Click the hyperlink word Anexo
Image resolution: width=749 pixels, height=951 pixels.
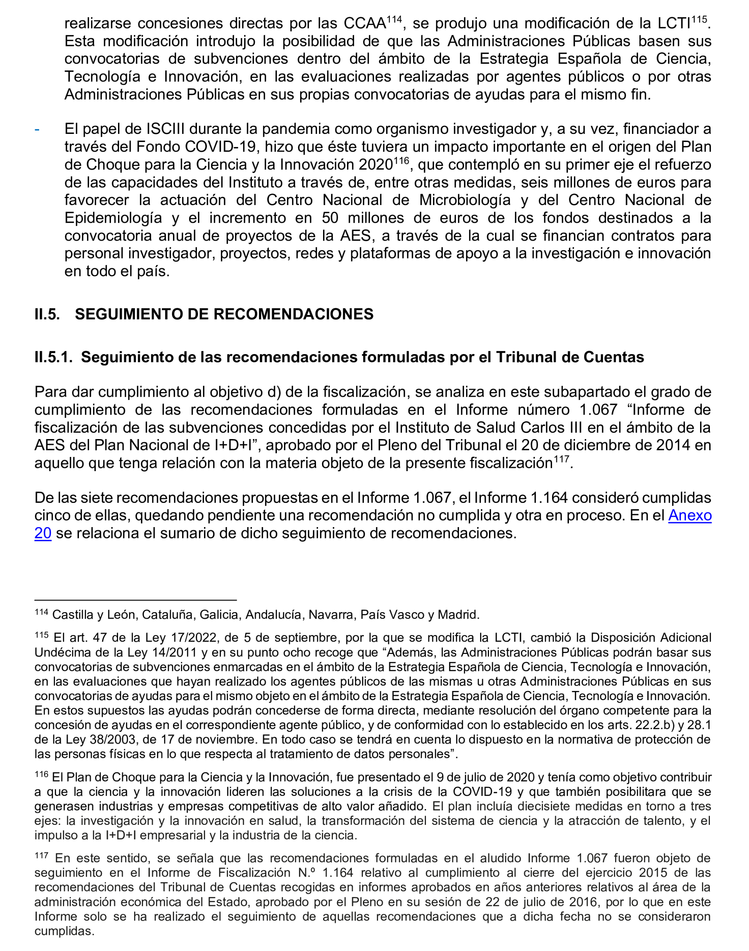(x=689, y=515)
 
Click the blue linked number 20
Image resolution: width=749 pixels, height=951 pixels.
(x=43, y=533)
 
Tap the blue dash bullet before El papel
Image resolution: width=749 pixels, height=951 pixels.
(x=37, y=129)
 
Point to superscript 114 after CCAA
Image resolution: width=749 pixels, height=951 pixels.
(x=394, y=19)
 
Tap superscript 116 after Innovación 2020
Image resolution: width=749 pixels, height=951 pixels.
(x=401, y=161)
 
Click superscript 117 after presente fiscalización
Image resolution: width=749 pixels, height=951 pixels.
(x=561, y=459)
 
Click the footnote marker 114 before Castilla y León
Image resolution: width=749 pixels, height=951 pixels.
(x=41, y=612)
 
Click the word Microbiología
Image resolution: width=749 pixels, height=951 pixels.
(x=464, y=200)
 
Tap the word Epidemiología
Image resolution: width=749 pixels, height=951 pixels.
(x=113, y=218)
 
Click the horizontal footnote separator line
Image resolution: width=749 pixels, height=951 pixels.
(x=136, y=600)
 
